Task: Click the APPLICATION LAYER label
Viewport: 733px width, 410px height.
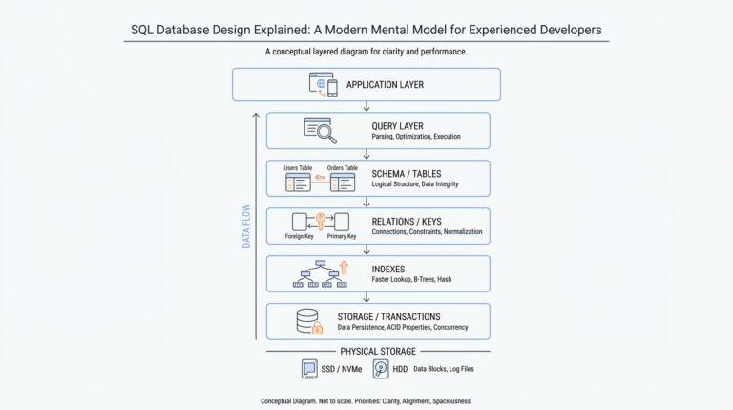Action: pos(385,85)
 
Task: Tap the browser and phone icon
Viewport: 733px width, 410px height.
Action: pos(324,84)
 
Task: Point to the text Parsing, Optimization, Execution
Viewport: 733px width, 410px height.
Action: pos(416,137)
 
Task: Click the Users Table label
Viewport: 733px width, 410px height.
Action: pos(298,168)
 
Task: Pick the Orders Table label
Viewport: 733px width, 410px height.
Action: pos(341,168)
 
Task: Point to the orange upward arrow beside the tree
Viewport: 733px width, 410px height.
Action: pos(344,270)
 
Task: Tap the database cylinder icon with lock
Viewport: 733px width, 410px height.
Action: pos(307,321)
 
